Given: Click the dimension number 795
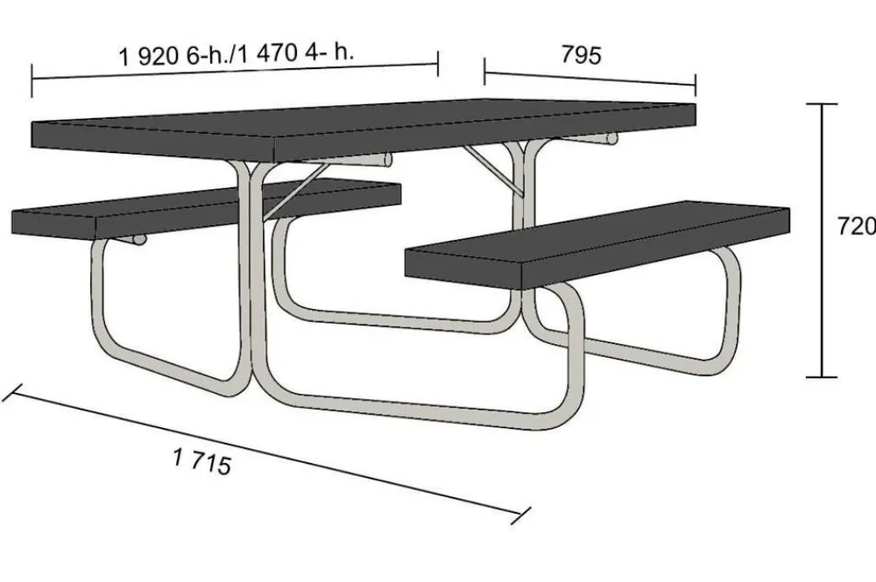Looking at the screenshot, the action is (581, 55).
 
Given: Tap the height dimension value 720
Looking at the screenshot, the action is (856, 226).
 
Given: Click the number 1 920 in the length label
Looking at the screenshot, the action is (149, 56).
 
